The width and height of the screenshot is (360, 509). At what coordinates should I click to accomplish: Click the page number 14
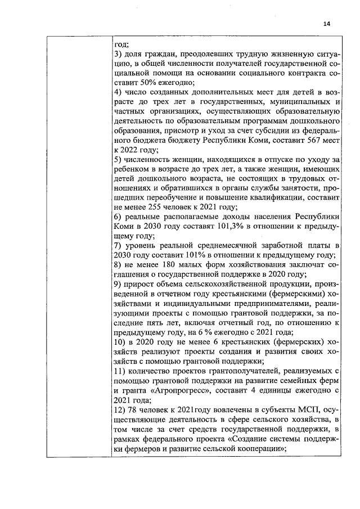327,23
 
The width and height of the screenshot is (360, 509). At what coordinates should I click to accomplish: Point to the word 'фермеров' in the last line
145,449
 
